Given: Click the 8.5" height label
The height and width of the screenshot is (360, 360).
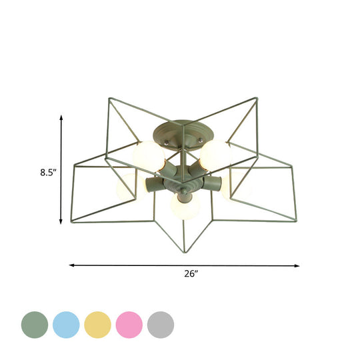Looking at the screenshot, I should click(47, 172).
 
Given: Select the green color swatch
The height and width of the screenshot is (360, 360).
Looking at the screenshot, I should click(33, 325).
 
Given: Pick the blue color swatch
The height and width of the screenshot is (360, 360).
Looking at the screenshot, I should click(65, 325).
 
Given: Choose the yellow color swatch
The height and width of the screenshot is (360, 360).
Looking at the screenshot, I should click(97, 325).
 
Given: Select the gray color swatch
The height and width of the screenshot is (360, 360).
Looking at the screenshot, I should click(160, 325).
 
